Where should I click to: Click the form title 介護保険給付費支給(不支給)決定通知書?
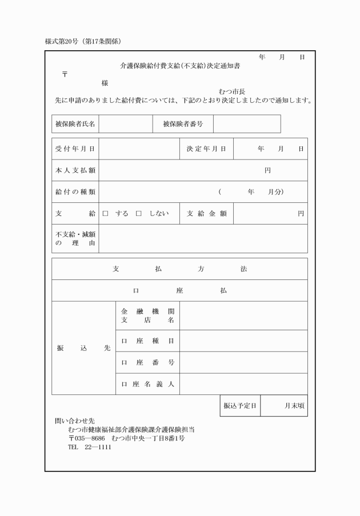pyautogui.click(x=179, y=66)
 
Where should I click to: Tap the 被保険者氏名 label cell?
pyautogui.click(x=75, y=124)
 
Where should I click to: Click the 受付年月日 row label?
pyautogui.click(x=75, y=149)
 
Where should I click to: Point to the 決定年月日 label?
pyautogui.click(x=206, y=149)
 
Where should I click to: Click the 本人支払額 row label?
pyautogui.click(x=75, y=170)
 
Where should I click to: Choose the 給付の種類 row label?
pyautogui.click(x=75, y=192)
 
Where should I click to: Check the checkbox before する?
pyautogui.click(x=105, y=214)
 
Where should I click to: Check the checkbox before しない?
pyautogui.click(x=138, y=214)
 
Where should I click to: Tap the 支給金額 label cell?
pyautogui.click(x=206, y=214)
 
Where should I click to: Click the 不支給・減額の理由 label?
pyautogui.click(x=75, y=238)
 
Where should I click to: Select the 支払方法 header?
pyautogui.click(x=179, y=269)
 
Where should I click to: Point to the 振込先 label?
pyautogui.click(x=83, y=348)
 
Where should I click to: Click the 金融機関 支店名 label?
pyautogui.click(x=147, y=315)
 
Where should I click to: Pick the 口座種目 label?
pyautogui.click(x=147, y=341)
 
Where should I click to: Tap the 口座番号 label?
pyautogui.click(x=147, y=362)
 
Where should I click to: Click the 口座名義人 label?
pyautogui.click(x=147, y=384)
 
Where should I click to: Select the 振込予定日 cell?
pyautogui.click(x=239, y=406)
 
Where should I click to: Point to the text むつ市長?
pyautogui.click(x=232, y=91)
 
